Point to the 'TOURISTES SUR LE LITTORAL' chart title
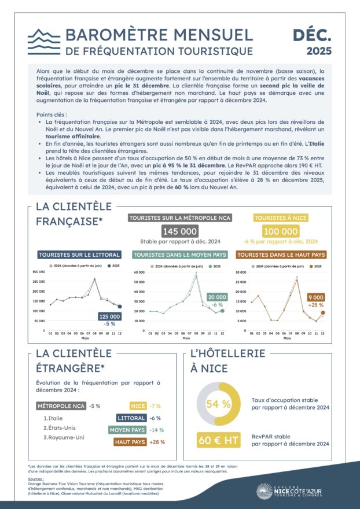coord(79,254)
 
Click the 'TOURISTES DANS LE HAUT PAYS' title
coord(281,254)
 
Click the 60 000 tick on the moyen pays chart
coord(138,271)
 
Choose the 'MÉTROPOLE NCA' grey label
coord(61,406)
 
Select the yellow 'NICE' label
coord(138,406)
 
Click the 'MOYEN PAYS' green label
coord(127,430)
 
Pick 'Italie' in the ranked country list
coord(57,418)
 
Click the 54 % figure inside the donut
coord(219,404)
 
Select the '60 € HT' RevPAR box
coord(218,440)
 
